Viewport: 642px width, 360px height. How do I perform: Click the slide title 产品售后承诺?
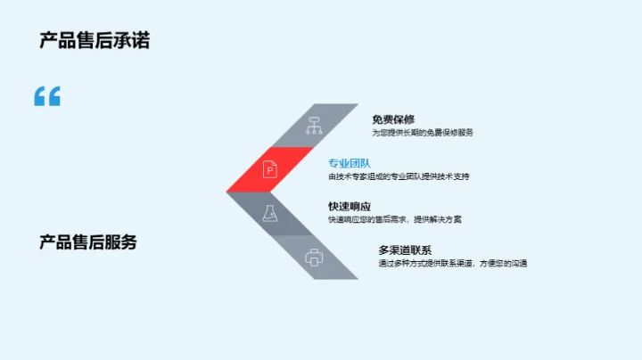pos(95,40)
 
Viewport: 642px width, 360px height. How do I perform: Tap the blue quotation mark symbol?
pos(47,96)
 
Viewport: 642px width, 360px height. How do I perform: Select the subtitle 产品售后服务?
pos(88,241)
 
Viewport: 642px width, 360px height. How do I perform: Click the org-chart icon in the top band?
pos(313,126)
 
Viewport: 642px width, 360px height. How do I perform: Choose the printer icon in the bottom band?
pos(313,258)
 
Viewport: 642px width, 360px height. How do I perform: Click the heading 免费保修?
pos(393,119)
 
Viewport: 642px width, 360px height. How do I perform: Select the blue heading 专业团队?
pos(349,163)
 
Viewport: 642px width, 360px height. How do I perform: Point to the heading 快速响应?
pos(350,207)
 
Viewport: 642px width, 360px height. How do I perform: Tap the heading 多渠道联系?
pos(405,250)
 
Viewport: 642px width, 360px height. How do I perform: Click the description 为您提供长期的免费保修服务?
pos(423,132)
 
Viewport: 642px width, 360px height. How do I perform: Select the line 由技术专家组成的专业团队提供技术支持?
pos(399,176)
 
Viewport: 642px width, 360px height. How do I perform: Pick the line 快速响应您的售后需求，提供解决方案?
pos(395,219)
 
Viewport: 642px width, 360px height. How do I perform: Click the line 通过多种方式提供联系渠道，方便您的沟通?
pos(452,264)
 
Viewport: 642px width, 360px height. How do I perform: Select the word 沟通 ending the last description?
pos(517,264)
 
